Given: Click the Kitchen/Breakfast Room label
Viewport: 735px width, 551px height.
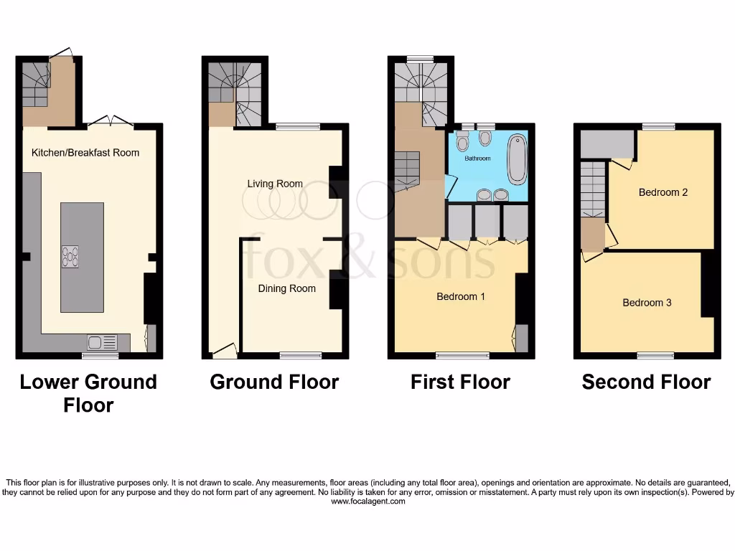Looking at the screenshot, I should click(x=85, y=153).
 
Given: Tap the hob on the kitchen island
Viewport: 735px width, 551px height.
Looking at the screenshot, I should click(x=71, y=257).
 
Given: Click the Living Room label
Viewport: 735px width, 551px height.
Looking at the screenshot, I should click(x=275, y=184).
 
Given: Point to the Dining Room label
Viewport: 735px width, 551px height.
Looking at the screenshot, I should click(x=287, y=288).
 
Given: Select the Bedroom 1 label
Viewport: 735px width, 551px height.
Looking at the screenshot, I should click(x=461, y=296).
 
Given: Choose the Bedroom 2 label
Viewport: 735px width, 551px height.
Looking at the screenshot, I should click(x=663, y=192).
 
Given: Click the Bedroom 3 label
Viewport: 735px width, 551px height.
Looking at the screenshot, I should click(x=647, y=303).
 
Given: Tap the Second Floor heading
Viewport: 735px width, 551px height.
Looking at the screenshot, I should click(x=646, y=382).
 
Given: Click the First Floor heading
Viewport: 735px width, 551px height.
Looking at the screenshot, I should click(x=460, y=382).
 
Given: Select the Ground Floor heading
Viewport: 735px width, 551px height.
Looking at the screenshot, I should click(x=274, y=382).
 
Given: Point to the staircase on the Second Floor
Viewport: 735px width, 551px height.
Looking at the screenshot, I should click(x=593, y=189).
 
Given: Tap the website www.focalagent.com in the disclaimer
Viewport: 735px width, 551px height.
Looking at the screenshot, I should click(x=367, y=502).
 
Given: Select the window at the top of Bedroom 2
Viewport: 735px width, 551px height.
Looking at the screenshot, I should click(x=658, y=127).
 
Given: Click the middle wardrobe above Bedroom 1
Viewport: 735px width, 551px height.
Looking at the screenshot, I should click(x=488, y=222).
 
